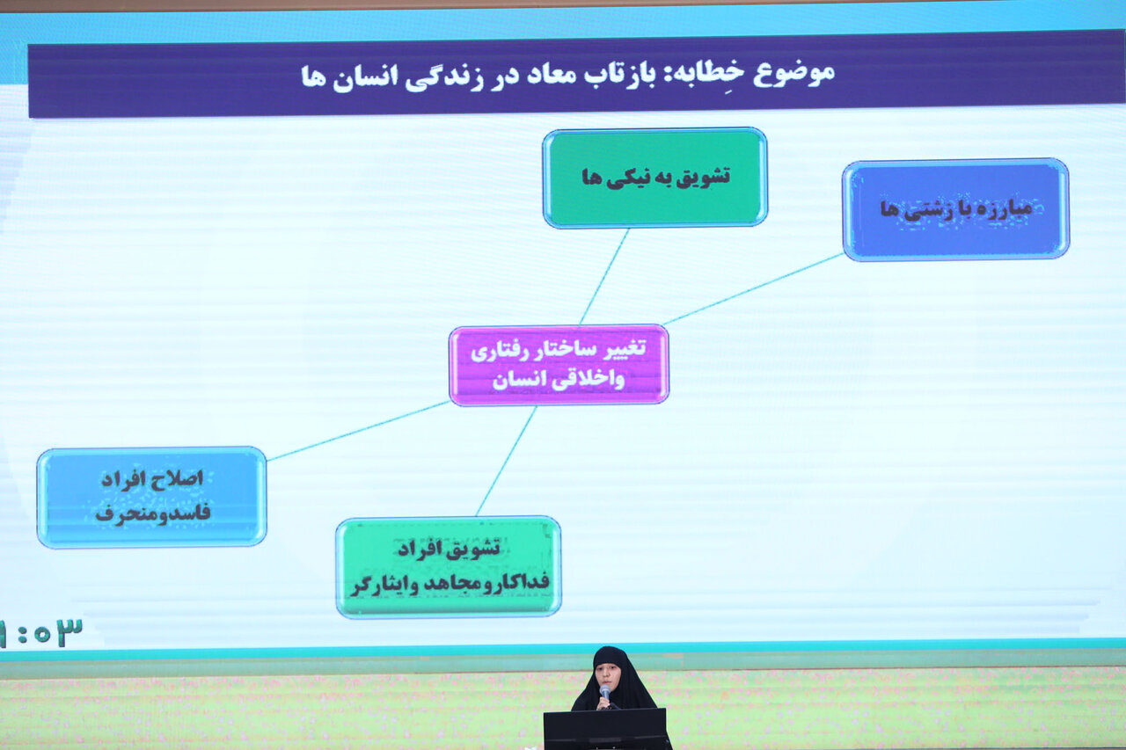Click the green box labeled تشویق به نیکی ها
coord(655,178)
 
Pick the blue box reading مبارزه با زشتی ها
coord(956,209)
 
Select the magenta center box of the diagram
coord(559,365)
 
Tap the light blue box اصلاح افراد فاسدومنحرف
coord(151,497)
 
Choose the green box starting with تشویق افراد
coord(448,566)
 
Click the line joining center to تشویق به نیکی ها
coord(604,277)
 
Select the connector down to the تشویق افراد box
coord(506,461)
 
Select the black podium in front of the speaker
coord(605,729)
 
